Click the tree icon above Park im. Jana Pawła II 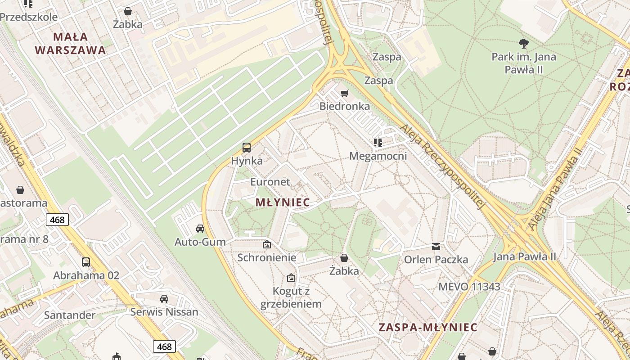tap(523, 44)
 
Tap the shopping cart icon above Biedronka tap(344, 93)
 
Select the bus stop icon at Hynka tap(247, 147)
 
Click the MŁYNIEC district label tap(283, 202)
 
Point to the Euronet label tap(270, 182)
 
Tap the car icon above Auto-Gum tap(200, 229)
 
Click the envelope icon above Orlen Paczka tap(436, 246)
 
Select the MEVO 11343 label tap(469, 287)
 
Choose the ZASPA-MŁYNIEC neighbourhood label tap(427, 327)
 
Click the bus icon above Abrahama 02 tap(86, 262)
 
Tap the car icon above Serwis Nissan tap(164, 298)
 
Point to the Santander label tap(69, 315)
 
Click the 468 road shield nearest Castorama tap(57, 220)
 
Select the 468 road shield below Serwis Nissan tap(164, 346)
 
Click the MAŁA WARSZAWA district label tap(70, 43)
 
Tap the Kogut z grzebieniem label tap(291, 297)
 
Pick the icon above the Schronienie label tap(267, 244)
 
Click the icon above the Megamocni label tap(378, 143)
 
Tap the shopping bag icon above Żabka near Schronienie tap(344, 258)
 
